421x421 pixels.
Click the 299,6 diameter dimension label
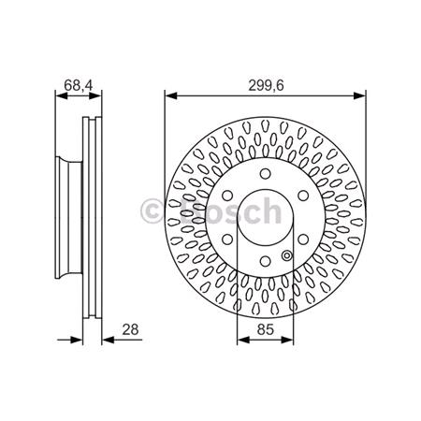point(265,82)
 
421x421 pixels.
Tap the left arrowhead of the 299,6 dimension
point(169,94)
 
